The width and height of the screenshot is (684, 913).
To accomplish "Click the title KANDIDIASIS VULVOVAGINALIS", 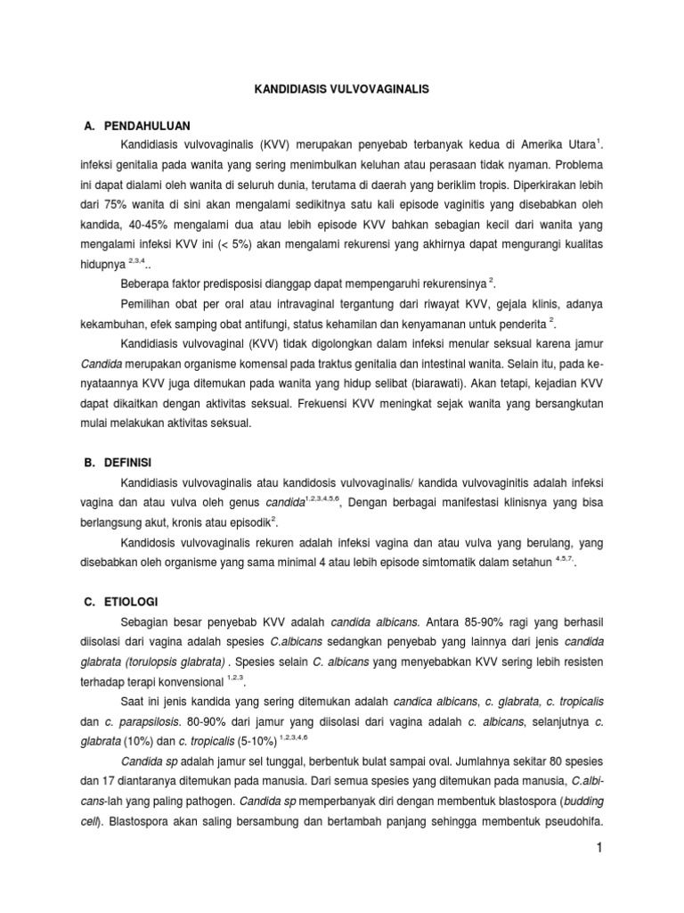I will (x=341, y=90).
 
